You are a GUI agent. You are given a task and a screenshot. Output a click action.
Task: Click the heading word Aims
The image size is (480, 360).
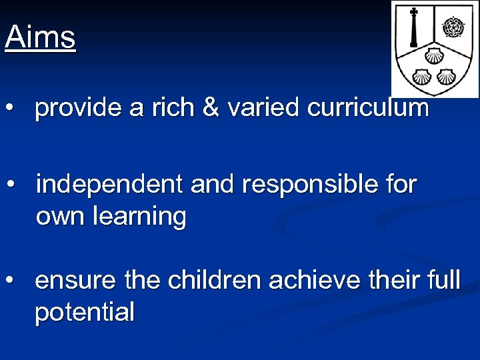point(40,37)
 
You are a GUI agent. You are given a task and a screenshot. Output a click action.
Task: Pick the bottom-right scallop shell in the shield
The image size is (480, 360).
point(445,75)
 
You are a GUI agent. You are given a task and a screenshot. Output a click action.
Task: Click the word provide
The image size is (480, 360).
point(78,107)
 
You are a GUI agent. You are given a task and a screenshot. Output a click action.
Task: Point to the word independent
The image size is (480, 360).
point(109,184)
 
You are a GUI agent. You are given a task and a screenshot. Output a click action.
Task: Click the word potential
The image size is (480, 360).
point(85,311)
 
